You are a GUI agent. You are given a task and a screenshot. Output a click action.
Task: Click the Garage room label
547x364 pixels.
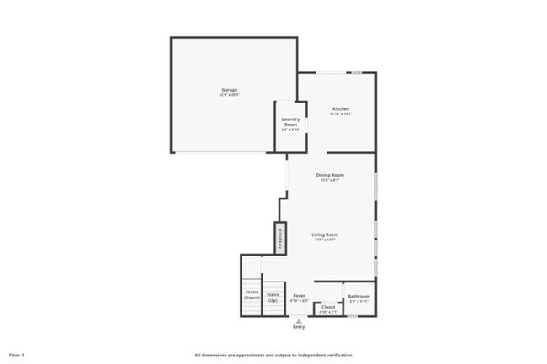click(x=229, y=90)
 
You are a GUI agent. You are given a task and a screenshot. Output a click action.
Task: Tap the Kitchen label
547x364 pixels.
click(x=340, y=109)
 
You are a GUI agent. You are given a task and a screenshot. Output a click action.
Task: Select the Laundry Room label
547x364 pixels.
click(x=290, y=122)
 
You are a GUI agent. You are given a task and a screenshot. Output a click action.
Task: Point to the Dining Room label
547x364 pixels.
click(x=330, y=175)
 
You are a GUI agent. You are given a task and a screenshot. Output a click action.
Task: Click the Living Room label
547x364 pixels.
click(x=325, y=235)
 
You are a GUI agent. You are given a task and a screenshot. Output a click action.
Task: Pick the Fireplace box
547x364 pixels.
click(x=279, y=239)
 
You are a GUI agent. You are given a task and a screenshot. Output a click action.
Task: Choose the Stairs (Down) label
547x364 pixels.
click(x=252, y=296)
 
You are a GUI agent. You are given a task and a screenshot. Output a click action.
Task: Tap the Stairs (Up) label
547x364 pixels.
click(x=273, y=296)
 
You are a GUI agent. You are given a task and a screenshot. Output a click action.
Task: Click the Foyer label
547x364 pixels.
click(x=299, y=295)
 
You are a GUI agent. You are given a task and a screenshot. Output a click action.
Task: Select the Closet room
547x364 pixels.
click(x=328, y=308)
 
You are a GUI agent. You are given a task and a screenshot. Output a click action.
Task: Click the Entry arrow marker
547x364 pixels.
click(x=299, y=318)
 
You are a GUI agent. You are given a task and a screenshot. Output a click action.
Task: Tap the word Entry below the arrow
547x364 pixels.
click(x=299, y=325)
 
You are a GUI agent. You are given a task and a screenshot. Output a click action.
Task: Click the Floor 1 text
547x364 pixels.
click(x=17, y=355)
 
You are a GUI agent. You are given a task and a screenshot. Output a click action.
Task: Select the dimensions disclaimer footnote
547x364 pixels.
click(x=273, y=355)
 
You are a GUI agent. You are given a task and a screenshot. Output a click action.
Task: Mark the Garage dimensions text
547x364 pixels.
click(x=229, y=95)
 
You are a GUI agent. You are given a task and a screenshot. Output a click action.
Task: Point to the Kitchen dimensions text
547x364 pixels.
click(x=340, y=114)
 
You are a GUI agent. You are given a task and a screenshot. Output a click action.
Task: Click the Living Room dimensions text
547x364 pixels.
click(x=325, y=240)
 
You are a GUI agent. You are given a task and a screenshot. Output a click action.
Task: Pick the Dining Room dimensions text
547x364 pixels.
click(x=330, y=180)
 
